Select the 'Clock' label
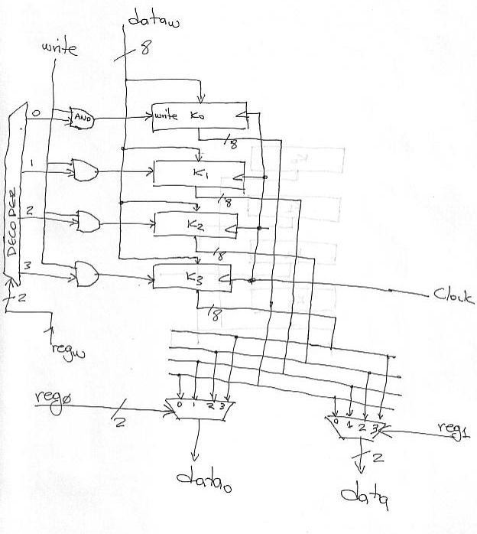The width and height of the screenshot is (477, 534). pos(453,295)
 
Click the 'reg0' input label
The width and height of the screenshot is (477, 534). pos(50,398)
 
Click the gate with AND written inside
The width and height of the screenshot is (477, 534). pos(82,118)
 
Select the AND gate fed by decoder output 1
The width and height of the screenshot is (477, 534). pos(83,170)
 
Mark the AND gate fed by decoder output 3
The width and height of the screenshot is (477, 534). pos(86,272)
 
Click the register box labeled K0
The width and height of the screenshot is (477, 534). pos(197,116)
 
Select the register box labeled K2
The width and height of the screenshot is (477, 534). pos(195,224)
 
